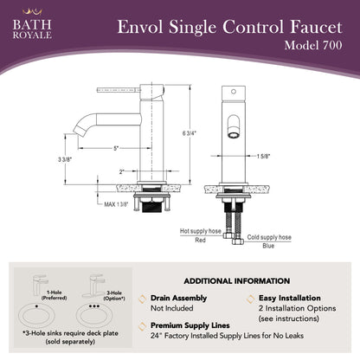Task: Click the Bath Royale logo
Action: (32, 24)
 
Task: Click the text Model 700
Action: (313, 45)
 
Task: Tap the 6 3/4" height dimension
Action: (190, 133)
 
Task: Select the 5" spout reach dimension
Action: (116, 148)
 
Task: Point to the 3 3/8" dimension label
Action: (65, 159)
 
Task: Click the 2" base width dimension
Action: (122, 172)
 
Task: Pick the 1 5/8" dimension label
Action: (263, 157)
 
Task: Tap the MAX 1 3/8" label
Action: (116, 204)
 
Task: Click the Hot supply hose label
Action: (201, 231)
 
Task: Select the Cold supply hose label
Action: (269, 237)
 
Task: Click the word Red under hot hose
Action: (200, 240)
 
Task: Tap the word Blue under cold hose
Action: (268, 246)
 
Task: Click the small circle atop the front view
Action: (234, 92)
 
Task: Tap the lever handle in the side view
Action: (119, 90)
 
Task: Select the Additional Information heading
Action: (237, 281)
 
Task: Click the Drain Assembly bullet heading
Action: (178, 298)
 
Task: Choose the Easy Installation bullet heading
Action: (290, 298)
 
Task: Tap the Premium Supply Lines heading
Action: (190, 325)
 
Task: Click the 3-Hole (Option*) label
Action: (114, 296)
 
